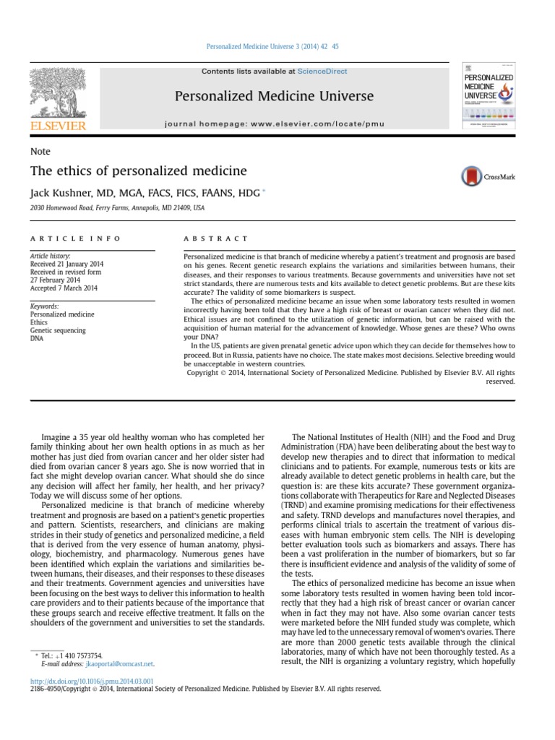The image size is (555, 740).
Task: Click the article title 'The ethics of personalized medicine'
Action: [x=138, y=171]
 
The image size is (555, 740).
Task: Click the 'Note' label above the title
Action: [x=40, y=152]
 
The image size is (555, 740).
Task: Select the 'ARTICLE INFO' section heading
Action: [x=76, y=238]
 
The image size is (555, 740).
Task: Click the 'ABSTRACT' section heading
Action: [x=216, y=238]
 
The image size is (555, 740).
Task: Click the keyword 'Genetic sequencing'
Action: [x=57, y=330]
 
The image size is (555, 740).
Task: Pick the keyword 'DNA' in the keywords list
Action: [x=37, y=338]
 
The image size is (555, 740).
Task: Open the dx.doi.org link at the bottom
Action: [x=92, y=681]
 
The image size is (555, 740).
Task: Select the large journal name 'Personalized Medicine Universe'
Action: [x=274, y=96]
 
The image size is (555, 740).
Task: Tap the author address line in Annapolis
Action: [x=117, y=208]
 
